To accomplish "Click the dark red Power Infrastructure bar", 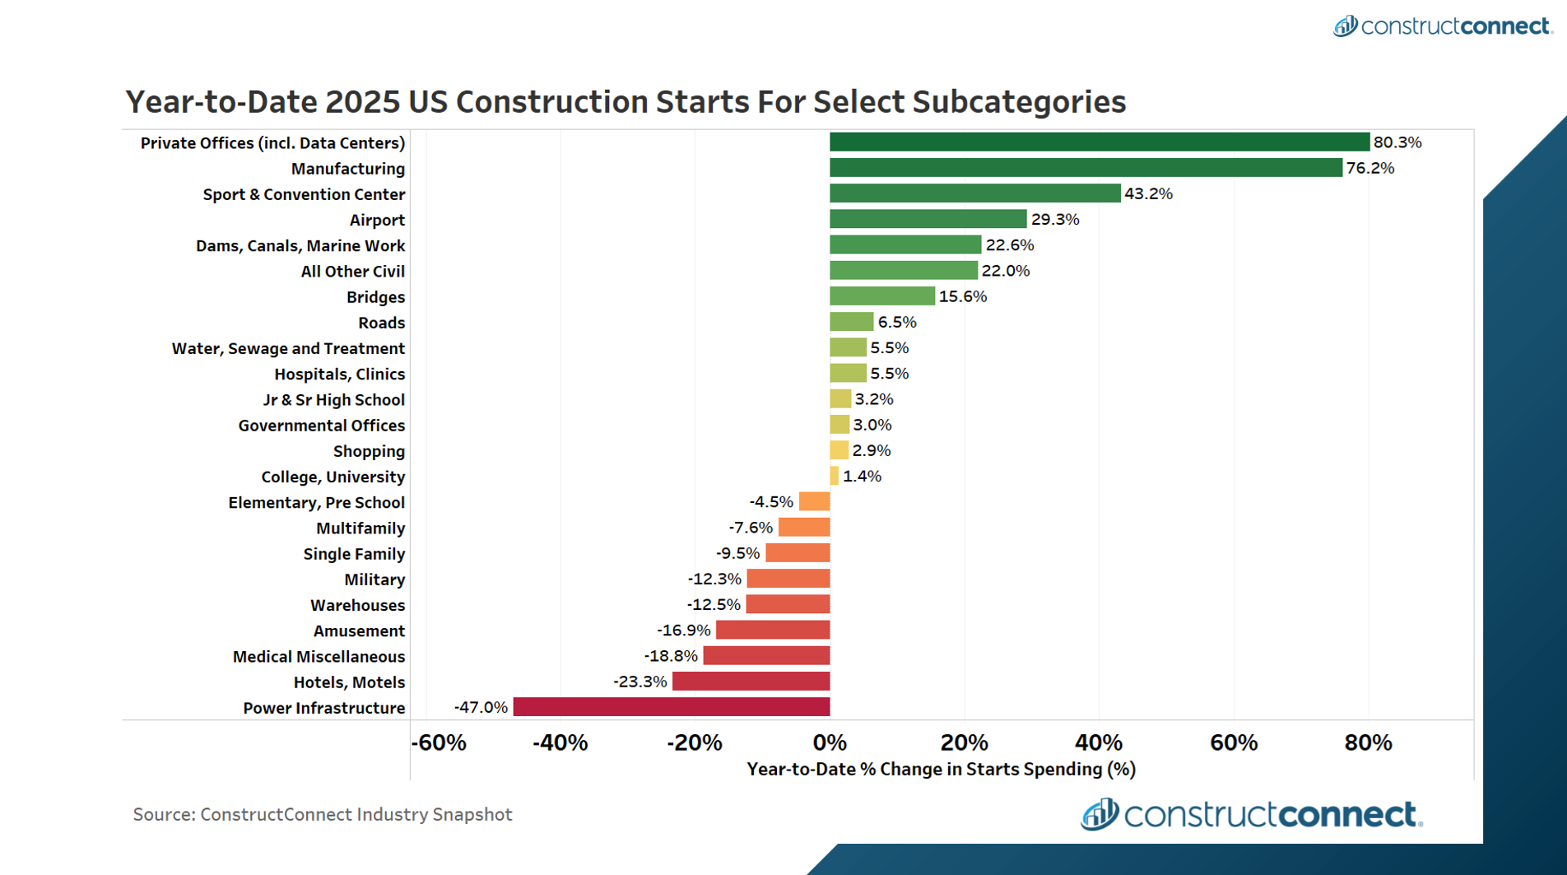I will pyautogui.click(x=671, y=707).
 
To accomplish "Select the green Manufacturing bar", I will pyautogui.click(x=1086, y=168).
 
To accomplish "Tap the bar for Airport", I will pyautogui.click(x=928, y=219).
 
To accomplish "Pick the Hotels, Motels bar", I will pyautogui.click(x=751, y=682).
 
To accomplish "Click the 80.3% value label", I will pyautogui.click(x=1397, y=142).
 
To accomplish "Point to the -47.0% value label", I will pyautogui.click(x=481, y=707).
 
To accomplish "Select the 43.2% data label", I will pyautogui.click(x=1148, y=193).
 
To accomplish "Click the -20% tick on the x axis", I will pyautogui.click(x=694, y=742).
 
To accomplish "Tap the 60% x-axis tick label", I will pyautogui.click(x=1233, y=742).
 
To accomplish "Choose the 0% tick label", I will pyautogui.click(x=830, y=742).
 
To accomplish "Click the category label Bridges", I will pyautogui.click(x=375, y=297).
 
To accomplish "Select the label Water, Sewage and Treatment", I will pyautogui.click(x=288, y=348).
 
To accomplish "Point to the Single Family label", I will pyautogui.click(x=354, y=554).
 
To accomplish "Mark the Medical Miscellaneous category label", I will pyautogui.click(x=319, y=657).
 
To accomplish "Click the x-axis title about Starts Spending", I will pyautogui.click(x=941, y=770).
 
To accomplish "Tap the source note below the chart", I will pyautogui.click(x=323, y=814).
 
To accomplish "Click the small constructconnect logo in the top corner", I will pyautogui.click(x=1442, y=26).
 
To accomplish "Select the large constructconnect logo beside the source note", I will pyautogui.click(x=1251, y=814).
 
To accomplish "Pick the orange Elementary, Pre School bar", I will pyautogui.click(x=814, y=502).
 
